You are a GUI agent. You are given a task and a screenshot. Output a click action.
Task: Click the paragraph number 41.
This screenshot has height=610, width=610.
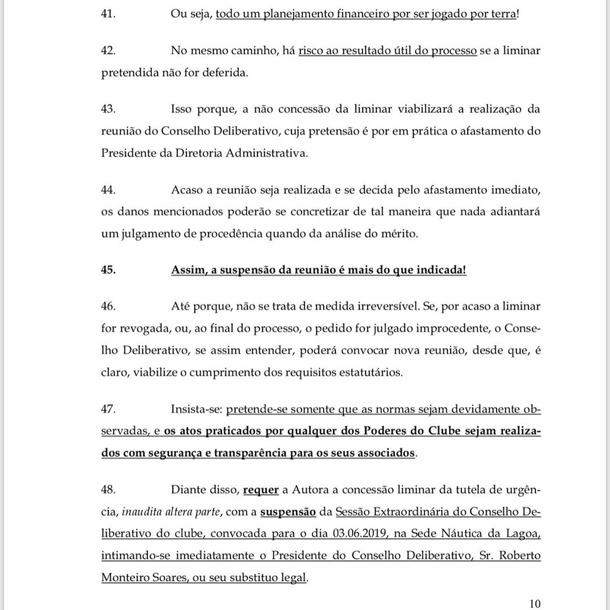(108, 14)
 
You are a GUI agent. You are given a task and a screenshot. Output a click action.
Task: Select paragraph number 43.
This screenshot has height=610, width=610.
(108, 109)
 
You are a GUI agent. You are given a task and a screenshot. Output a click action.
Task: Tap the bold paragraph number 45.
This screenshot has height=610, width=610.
(108, 270)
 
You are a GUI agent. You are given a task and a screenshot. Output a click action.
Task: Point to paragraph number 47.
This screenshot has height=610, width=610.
(108, 408)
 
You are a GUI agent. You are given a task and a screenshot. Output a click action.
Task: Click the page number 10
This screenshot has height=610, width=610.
(535, 603)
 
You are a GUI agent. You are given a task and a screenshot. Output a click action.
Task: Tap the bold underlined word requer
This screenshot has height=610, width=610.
(260, 490)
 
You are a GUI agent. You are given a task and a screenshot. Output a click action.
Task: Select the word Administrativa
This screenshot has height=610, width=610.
(272, 154)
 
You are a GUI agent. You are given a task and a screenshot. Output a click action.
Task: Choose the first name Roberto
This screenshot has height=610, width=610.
(519, 556)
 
